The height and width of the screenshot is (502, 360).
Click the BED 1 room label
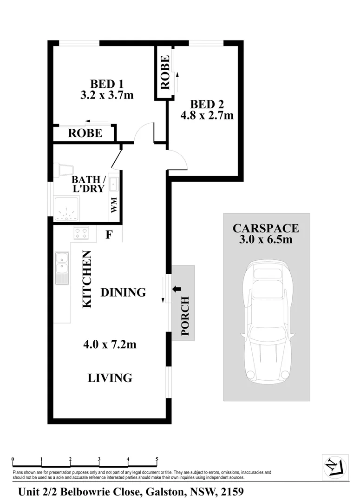pyautogui.click(x=106, y=84)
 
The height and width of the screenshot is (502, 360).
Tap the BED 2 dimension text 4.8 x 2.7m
pyautogui.click(x=207, y=115)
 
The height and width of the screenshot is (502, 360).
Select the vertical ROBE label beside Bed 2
pyautogui.click(x=164, y=72)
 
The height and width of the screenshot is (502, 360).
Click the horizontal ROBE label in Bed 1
pyautogui.click(x=85, y=133)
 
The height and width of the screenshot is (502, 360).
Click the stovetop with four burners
pyautogui.click(x=81, y=232)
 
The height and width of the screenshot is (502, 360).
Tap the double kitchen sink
pyautogui.click(x=61, y=268)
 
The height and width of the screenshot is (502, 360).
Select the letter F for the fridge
pyautogui.click(x=109, y=235)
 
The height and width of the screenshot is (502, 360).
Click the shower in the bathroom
pyautogui.click(x=66, y=208)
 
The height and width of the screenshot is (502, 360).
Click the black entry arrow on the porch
pyautogui.click(x=177, y=289)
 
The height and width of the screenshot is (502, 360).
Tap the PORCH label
pyautogui.click(x=185, y=316)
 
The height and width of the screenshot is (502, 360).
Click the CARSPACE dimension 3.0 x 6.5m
pyautogui.click(x=266, y=240)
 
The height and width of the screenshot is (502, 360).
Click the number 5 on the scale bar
pyautogui.click(x=157, y=459)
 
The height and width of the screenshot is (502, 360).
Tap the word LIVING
pyautogui.click(x=110, y=378)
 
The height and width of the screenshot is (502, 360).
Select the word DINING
pyautogui.click(x=123, y=292)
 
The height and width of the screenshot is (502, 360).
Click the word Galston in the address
pyautogui.click(x=166, y=491)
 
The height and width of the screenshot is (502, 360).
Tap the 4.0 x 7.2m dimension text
pyautogui.click(x=110, y=345)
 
